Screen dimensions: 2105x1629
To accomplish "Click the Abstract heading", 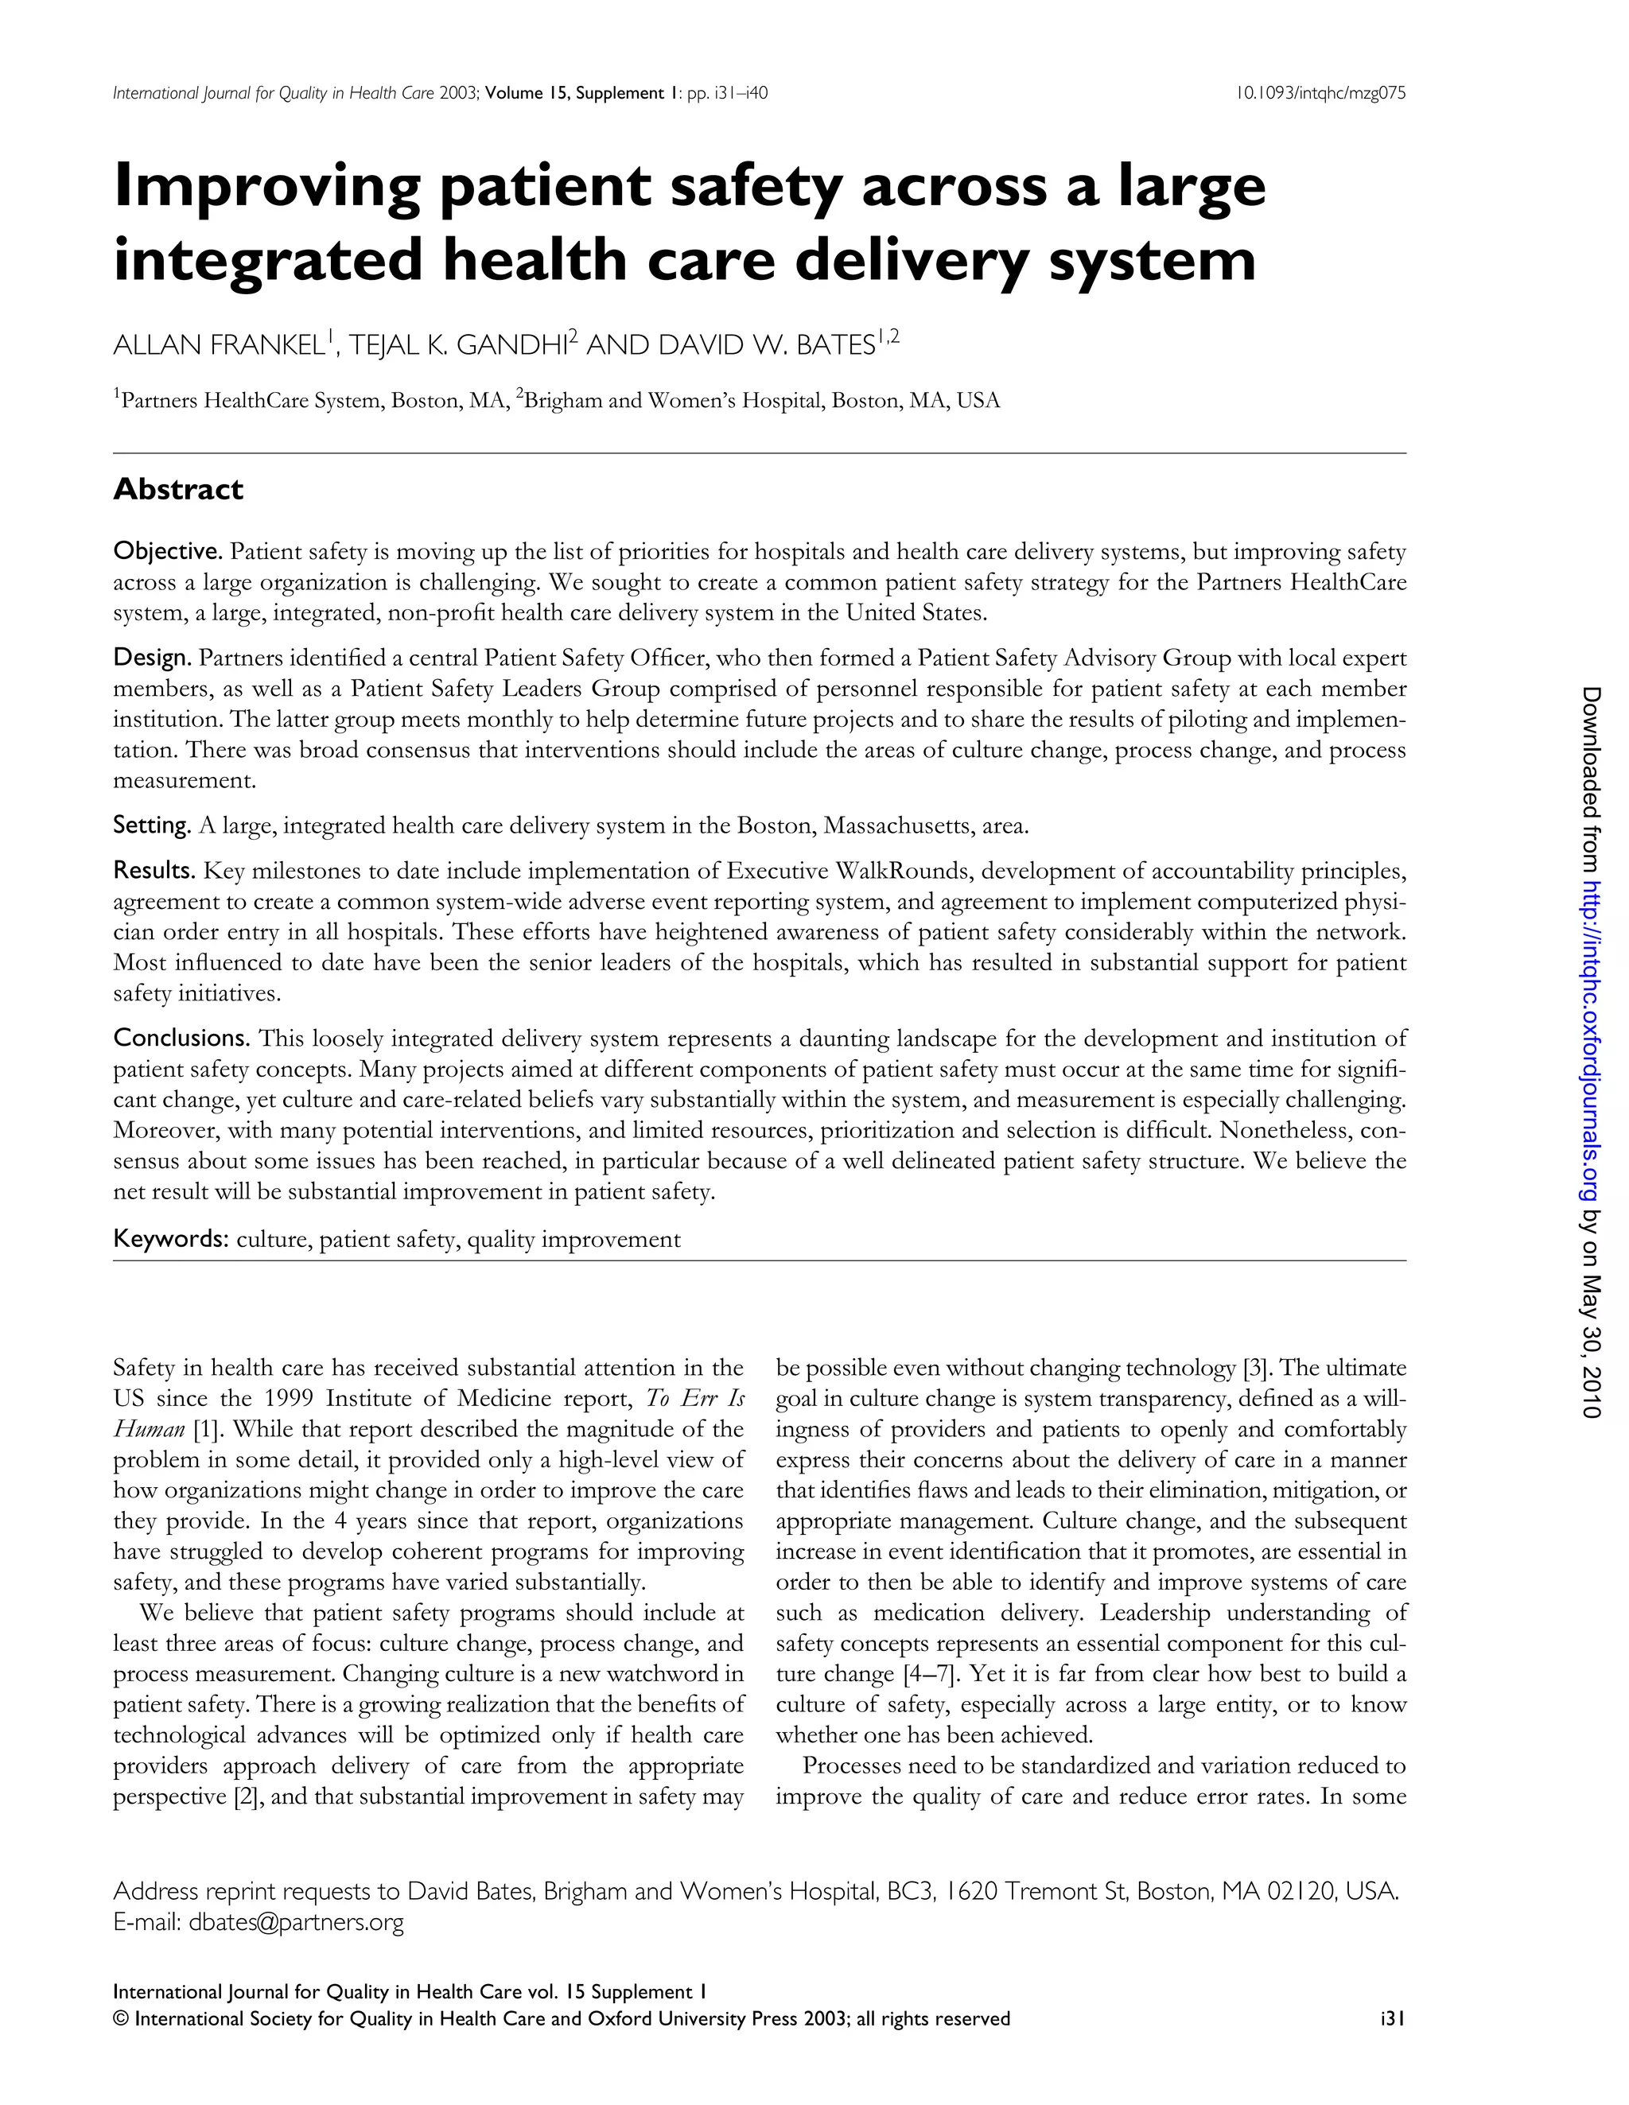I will coord(178,490).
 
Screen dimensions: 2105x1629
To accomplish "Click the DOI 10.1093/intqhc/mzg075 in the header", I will coord(1320,94).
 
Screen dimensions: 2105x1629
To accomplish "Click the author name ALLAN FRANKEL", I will coord(219,345).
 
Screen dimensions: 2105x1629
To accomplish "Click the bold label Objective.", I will coord(168,551).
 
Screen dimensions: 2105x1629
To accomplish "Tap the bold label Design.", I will coord(152,658).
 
